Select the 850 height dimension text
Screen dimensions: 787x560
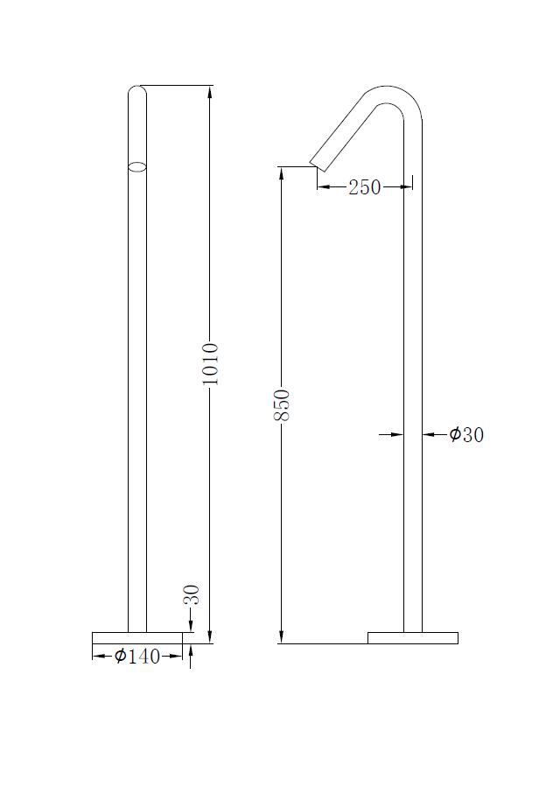click(281, 405)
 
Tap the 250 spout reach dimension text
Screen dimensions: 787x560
click(364, 186)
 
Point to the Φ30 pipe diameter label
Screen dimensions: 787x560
click(466, 434)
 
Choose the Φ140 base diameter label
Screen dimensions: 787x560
click(138, 656)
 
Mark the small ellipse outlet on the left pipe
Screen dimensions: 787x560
click(137, 165)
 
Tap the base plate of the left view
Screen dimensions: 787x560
click(136, 637)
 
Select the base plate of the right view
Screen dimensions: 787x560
click(412, 637)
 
